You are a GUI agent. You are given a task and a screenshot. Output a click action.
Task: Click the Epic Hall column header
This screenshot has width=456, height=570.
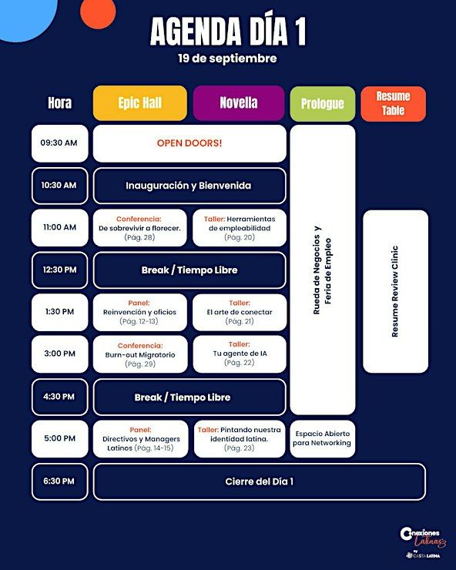(140, 103)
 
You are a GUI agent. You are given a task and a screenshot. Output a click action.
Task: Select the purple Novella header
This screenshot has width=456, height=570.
(239, 103)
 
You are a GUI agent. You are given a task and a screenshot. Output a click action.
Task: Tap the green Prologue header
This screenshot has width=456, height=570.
(323, 104)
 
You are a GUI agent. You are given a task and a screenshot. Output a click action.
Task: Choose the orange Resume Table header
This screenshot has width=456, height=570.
(393, 104)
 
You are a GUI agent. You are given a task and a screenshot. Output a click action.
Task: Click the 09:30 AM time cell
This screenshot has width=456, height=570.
(59, 143)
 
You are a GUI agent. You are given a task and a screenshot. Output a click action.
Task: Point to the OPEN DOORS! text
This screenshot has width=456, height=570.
(189, 142)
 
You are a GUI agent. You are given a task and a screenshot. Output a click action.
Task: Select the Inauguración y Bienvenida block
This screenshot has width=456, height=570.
(189, 186)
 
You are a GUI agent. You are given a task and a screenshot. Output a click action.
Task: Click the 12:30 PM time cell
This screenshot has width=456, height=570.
(59, 270)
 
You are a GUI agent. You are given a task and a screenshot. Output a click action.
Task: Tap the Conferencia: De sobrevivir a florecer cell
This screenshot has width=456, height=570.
(140, 228)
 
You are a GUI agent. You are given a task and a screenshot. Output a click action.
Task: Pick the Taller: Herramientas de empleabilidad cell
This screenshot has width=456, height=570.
(240, 228)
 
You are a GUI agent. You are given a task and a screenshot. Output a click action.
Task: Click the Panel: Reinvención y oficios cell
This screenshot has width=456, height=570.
(140, 312)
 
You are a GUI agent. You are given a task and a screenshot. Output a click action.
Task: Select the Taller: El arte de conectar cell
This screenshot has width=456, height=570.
(240, 312)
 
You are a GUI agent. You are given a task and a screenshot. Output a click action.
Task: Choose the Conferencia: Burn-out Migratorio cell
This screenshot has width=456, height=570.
(140, 354)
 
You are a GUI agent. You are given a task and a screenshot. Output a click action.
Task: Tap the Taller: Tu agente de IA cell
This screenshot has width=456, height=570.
(240, 354)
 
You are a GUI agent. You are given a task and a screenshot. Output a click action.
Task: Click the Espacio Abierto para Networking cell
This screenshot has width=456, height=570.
(323, 439)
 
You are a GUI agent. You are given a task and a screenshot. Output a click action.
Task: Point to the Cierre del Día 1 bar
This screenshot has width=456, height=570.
(260, 481)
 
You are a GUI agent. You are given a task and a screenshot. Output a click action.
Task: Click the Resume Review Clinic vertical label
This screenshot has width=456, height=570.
(395, 291)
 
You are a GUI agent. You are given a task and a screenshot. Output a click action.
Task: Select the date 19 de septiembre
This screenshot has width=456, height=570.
(227, 59)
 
